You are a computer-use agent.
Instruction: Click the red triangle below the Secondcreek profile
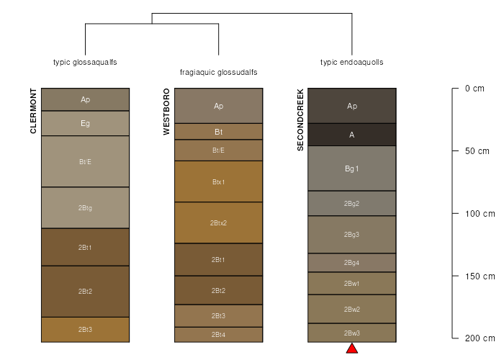[352, 348]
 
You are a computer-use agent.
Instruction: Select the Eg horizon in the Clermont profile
[85, 123]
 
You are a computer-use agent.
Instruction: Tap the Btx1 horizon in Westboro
[219, 181]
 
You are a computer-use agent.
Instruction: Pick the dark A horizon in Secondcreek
[352, 135]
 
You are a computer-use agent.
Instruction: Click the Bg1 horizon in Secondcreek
[352, 168]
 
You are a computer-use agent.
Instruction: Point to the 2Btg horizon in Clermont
[85, 207]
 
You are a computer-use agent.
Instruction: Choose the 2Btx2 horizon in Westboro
[219, 222]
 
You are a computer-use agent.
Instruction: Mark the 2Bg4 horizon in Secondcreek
[352, 263]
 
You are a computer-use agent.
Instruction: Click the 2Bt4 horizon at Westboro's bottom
[219, 335]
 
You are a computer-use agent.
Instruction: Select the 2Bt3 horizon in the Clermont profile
[85, 330]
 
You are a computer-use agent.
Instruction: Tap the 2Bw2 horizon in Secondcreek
[352, 309]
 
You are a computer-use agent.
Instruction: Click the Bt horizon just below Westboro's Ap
[219, 132]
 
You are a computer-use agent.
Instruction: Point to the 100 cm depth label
[480, 214]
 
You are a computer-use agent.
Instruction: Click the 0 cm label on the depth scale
[474, 89]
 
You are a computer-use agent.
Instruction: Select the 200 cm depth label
[480, 338]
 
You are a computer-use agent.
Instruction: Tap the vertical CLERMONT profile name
[33, 111]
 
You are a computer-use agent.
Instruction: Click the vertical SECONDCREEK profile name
[300, 120]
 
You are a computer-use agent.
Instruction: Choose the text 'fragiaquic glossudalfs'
[219, 72]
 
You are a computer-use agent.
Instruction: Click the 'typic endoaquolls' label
[352, 63]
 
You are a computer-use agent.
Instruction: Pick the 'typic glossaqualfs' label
[85, 63]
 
